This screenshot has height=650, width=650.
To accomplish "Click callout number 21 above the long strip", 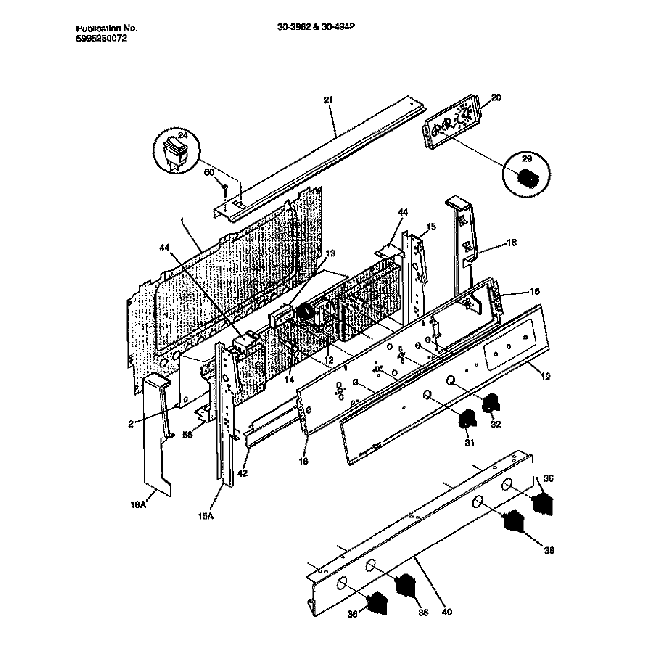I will [326, 101].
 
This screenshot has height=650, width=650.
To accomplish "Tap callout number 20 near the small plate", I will [497, 98].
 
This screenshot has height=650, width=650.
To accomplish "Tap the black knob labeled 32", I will [490, 406].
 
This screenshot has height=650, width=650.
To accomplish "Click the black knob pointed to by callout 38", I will [513, 522].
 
